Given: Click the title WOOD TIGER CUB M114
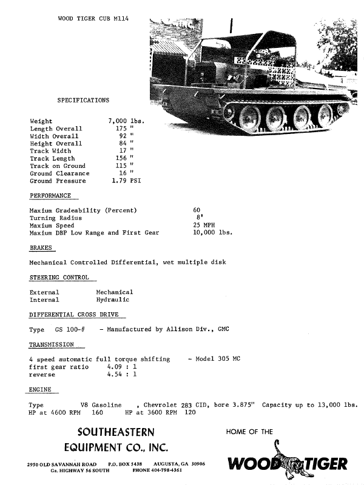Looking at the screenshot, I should [93, 19].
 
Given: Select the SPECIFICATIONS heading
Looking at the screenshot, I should [83, 99].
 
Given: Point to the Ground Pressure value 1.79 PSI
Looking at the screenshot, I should [126, 181].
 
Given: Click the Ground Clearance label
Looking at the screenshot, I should [59, 173].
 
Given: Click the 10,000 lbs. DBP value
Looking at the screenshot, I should [212, 233].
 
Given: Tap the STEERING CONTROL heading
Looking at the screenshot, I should [59, 278].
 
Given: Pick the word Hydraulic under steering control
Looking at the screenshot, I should [113, 299].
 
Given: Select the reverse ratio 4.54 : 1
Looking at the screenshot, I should [121, 374].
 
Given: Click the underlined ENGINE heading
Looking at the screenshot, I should [40, 389].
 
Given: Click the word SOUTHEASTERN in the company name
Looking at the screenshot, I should [116, 432].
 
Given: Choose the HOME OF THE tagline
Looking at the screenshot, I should [249, 432].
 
